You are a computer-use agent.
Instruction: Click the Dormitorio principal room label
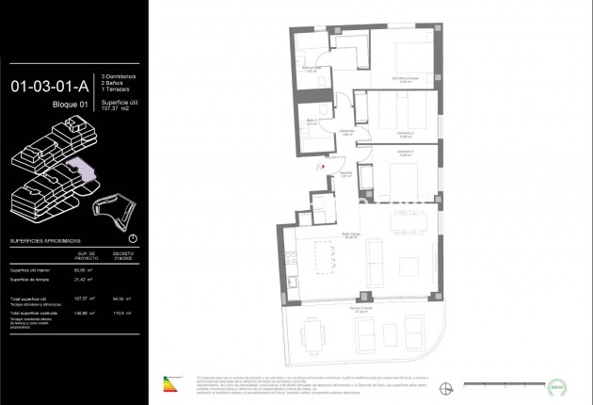pyautogui.click(x=405, y=80)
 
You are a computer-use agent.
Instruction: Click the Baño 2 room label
pyautogui.click(x=312, y=121)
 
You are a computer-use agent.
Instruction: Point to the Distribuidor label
pyautogui.click(x=346, y=131)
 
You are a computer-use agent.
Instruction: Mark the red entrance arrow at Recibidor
pyautogui.click(x=324, y=168)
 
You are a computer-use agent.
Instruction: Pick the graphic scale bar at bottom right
pyautogui.click(x=500, y=383)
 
